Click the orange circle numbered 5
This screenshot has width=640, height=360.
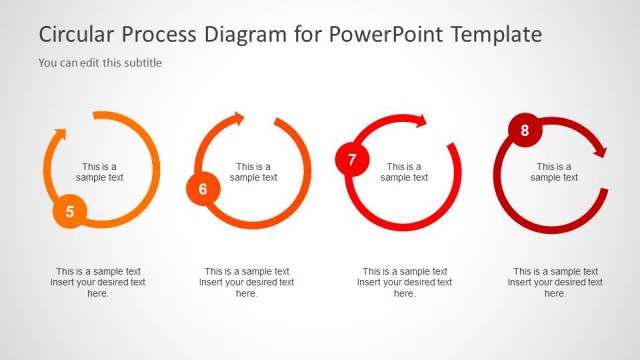coord(69,211)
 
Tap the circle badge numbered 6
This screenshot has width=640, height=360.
coord(203,188)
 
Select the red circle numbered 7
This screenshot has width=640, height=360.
coord(352,160)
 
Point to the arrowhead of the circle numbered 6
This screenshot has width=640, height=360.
coord(237,120)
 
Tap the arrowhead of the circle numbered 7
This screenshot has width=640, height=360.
coord(420,121)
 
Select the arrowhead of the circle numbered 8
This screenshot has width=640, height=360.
coord(600,152)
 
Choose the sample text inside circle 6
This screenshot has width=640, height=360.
coord(254,172)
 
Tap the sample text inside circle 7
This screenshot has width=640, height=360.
coord(404,172)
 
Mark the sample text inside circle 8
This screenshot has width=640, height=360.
coord(554,172)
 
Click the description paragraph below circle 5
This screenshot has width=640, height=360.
coord(98,282)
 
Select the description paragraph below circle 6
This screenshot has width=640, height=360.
coord(247,282)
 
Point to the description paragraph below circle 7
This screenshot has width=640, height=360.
coord(405,282)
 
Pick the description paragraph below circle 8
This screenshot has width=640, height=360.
coord(555,282)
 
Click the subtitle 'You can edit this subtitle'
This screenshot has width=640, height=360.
coord(100,63)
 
